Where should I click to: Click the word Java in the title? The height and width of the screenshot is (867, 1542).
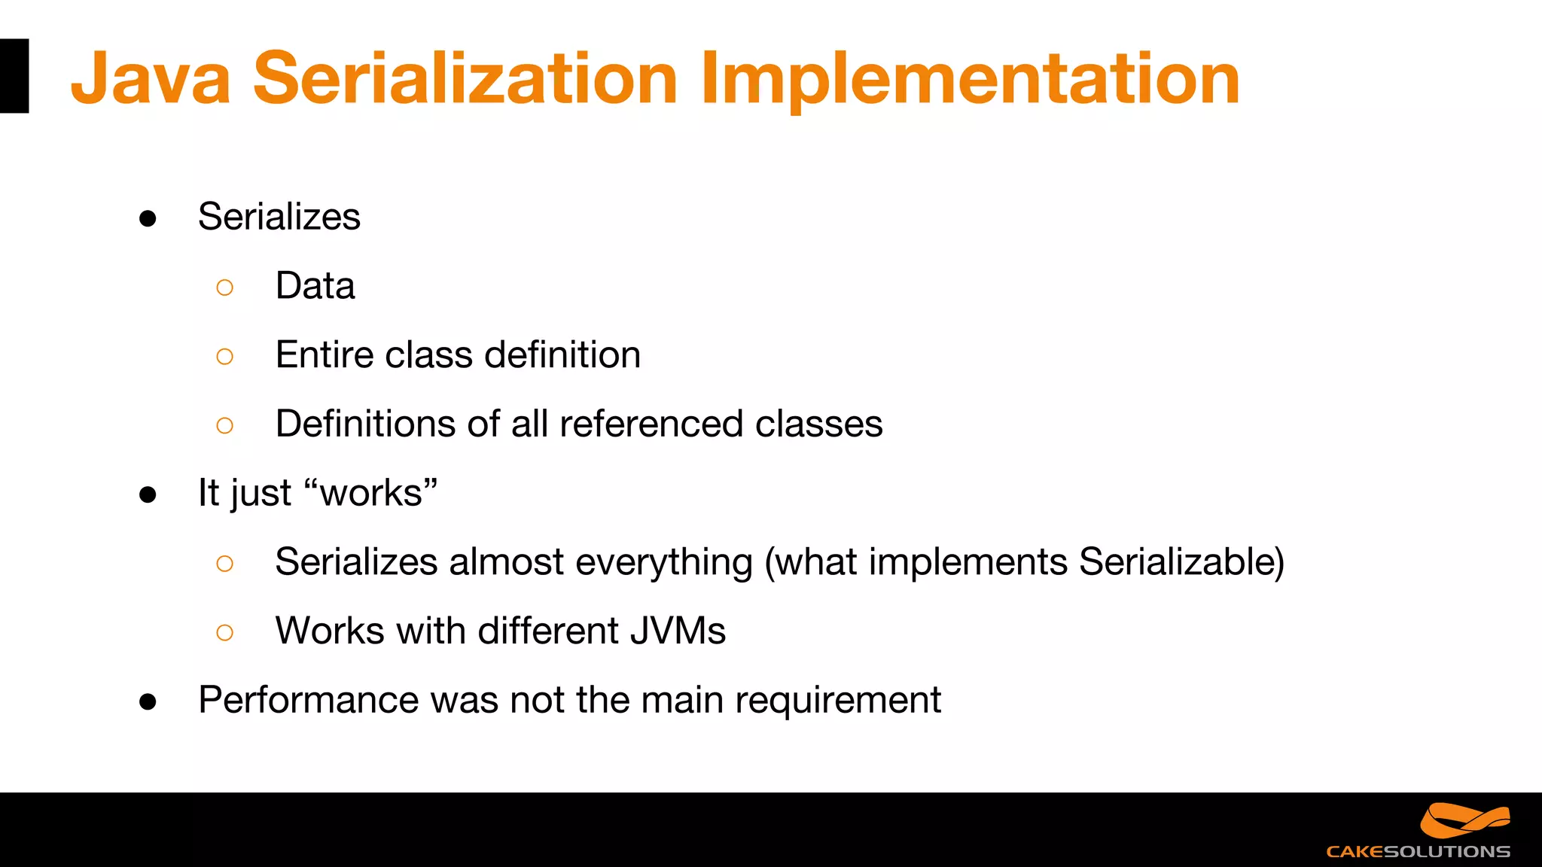click(151, 79)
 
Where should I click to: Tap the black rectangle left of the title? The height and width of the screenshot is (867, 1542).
click(14, 76)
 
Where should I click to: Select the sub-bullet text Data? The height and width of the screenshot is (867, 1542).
click(315, 286)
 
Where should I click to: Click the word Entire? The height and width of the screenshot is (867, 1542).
click(325, 354)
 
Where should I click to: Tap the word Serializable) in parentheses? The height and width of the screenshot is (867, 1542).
click(1181, 562)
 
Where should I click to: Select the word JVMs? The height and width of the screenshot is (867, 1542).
click(678, 631)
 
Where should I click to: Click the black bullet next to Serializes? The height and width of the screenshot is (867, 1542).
click(148, 219)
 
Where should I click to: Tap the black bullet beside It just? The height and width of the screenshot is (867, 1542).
click(148, 495)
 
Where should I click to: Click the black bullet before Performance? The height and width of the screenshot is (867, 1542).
click(148, 702)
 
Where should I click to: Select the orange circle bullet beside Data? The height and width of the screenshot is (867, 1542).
click(224, 287)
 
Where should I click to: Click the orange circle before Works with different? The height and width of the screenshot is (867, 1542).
click(224, 632)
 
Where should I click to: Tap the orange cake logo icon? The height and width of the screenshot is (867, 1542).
click(1464, 820)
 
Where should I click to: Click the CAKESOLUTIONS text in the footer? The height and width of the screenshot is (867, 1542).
click(1418, 852)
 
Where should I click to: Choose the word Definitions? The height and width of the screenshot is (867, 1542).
click(365, 424)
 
